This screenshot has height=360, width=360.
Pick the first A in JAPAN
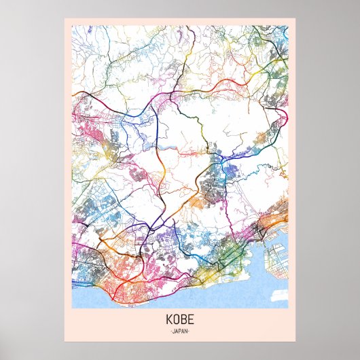177,331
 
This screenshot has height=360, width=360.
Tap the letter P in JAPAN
180,331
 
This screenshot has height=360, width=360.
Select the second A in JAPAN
183,331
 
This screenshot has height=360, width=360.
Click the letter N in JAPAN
187,331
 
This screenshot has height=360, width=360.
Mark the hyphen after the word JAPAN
190,331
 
